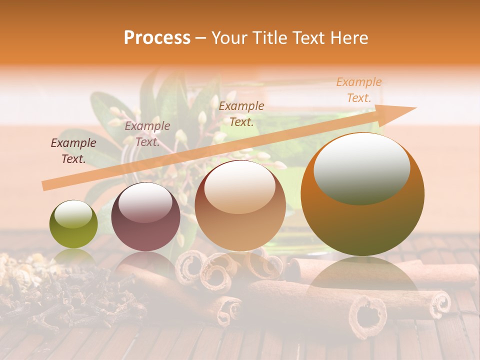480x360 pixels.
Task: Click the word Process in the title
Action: pos(157,38)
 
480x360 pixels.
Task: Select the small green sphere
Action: pos(73,224)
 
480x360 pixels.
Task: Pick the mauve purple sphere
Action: pos(145,217)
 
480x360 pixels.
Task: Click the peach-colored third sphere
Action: pos(240,206)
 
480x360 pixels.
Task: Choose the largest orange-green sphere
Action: pos(362,195)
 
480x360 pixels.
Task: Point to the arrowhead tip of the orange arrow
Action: pos(415,108)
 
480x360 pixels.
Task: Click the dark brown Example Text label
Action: pos(73,151)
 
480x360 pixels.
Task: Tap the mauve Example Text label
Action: pos(147,134)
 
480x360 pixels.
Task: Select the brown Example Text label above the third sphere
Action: pos(241,114)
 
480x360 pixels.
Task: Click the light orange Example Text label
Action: pos(358,90)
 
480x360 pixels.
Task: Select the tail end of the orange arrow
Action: pos(45,185)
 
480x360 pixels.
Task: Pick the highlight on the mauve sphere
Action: pos(145,203)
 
